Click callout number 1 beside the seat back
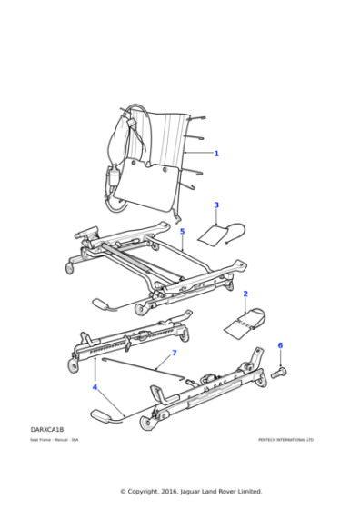216,153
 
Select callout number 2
245,294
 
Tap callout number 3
216,205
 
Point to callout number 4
95,387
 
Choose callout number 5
182,232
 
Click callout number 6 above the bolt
280,345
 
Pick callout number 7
174,353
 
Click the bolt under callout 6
279,372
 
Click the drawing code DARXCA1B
47,428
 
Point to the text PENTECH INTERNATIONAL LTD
285,440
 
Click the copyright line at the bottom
179,491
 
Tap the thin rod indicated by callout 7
136,365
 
